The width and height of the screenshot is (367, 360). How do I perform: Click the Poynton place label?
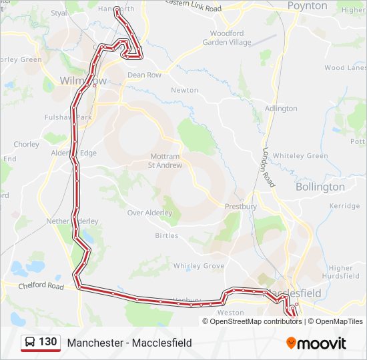tap(307, 6)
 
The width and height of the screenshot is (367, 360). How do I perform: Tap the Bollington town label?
tap(320, 187)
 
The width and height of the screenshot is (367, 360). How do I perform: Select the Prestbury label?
tap(241, 207)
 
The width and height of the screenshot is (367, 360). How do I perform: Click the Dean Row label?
tap(144, 75)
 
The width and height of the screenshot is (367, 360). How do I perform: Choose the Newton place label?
tap(185, 90)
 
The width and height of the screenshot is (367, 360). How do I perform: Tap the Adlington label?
tap(281, 108)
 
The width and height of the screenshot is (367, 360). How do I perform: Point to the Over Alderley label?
tap(149, 213)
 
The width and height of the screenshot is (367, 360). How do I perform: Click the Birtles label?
tap(166, 235)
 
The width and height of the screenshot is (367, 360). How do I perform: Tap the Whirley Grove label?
tap(199, 265)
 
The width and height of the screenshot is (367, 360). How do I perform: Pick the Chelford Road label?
tap(41, 287)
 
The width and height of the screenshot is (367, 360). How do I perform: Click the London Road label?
tap(268, 167)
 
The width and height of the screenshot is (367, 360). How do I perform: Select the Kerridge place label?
tap(344, 206)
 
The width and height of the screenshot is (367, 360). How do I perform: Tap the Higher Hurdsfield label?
tap(340, 272)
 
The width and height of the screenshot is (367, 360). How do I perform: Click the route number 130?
tap(47, 342)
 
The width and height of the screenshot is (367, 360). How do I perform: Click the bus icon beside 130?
tap(30, 343)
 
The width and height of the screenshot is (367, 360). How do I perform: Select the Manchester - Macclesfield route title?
tap(129, 343)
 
